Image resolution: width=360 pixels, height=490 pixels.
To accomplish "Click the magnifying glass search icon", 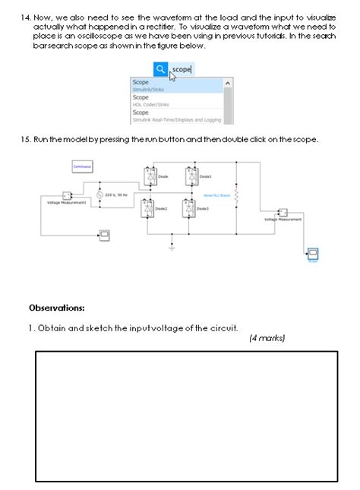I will (x=160, y=69).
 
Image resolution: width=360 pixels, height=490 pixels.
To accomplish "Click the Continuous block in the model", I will (x=82, y=166).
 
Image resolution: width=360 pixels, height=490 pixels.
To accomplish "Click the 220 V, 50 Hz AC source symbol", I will (x=99, y=195).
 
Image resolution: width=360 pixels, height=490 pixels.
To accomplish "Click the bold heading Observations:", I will (x=57, y=308).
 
